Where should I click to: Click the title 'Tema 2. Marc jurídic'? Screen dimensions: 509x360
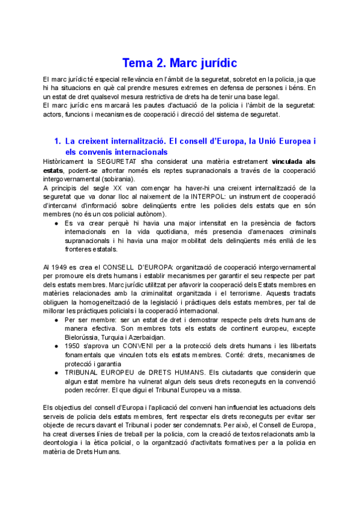179,62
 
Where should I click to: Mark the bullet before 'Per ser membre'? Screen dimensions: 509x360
56,321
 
